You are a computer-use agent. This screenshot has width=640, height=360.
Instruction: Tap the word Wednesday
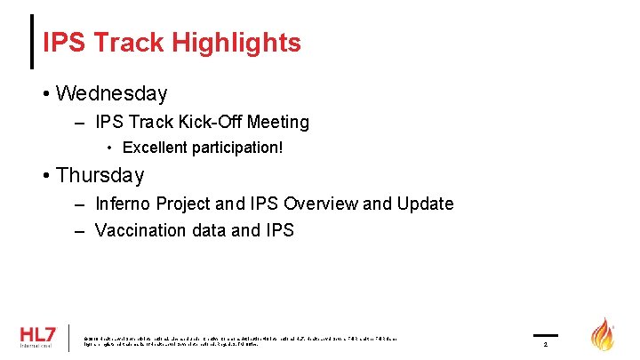tap(111, 92)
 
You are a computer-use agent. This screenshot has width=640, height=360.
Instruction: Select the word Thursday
tap(100, 175)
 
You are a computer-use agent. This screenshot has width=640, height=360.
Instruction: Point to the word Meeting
tap(276, 122)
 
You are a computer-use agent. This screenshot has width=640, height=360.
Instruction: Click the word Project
tap(188, 204)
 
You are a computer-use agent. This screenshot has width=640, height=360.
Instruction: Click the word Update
tap(424, 204)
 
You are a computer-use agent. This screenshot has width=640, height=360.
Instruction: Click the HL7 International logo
tap(37, 337)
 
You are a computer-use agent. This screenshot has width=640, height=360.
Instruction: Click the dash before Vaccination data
tap(78, 231)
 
